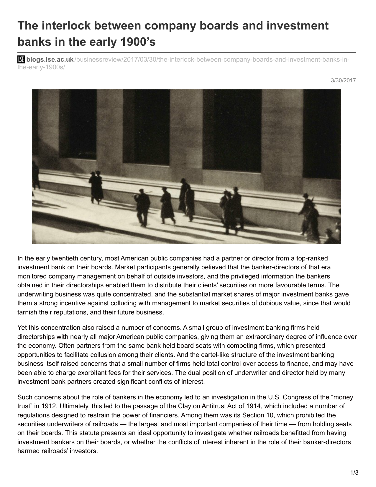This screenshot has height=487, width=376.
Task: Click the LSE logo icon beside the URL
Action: click(21, 60)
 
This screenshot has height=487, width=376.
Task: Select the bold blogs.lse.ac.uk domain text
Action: click(50, 60)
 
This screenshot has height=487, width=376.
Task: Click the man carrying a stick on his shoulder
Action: click(143, 206)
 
